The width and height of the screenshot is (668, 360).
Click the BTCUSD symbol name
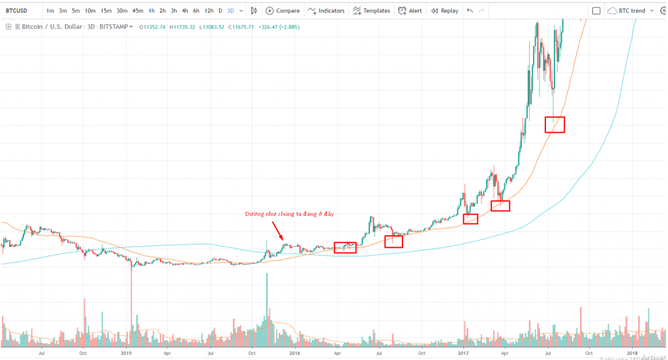(x=17, y=11)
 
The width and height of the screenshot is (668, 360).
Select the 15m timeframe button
(x=106, y=11)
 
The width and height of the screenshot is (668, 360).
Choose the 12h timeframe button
(x=208, y=11)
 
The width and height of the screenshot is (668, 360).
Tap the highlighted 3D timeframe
(x=230, y=11)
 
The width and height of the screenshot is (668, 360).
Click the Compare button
(x=283, y=11)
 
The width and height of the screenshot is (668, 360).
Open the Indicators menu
(x=326, y=11)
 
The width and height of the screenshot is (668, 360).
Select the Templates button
(x=371, y=11)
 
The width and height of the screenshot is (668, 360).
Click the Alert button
(x=410, y=11)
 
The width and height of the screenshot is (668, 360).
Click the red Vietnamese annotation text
(x=294, y=214)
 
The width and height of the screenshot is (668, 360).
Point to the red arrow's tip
(x=282, y=241)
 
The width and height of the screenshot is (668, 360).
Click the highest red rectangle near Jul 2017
(x=554, y=125)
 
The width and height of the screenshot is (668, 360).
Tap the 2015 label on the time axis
(x=127, y=353)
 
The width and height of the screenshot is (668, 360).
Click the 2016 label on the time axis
(x=294, y=353)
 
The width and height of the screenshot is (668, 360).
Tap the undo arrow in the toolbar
(x=470, y=11)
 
